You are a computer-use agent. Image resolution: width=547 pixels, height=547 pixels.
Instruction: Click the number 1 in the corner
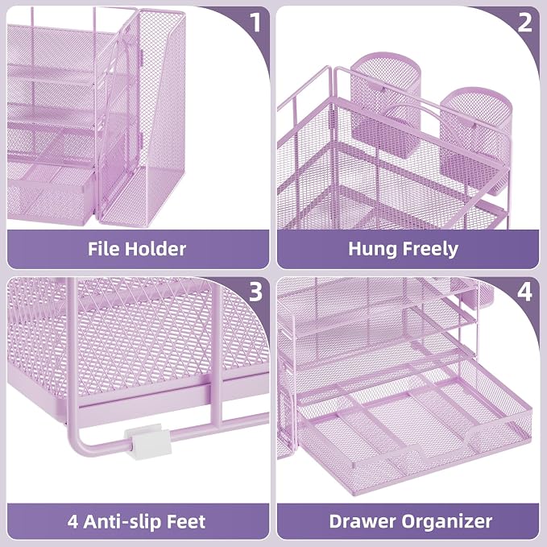pyautogui.click(x=255, y=23)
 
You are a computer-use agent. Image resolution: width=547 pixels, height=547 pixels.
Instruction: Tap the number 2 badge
pyautogui.click(x=525, y=23)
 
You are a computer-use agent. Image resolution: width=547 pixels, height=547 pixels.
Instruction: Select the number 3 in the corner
pyautogui.click(x=255, y=292)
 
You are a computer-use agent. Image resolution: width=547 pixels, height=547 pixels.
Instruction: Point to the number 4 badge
pyautogui.click(x=525, y=292)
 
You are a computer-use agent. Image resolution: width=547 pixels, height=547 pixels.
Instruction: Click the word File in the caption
pyautogui.click(x=104, y=249)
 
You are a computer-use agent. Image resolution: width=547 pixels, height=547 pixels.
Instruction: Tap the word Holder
pyautogui.click(x=155, y=249)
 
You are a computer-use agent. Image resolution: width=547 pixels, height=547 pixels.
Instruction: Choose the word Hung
pyautogui.click(x=372, y=250)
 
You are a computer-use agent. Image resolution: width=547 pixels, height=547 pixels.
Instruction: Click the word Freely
pyautogui.click(x=431, y=250)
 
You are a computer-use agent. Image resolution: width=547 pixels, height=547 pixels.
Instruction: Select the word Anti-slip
pyautogui.click(x=122, y=521)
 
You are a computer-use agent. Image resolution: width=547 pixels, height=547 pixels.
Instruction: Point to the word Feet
pyautogui.click(x=186, y=521)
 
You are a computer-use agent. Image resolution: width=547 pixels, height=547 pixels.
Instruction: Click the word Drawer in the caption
pyautogui.click(x=363, y=521)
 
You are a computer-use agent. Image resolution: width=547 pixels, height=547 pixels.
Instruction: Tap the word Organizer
pyautogui.click(x=447, y=522)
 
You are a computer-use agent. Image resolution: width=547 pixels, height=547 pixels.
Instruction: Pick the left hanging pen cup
pyautogui.click(x=385, y=105)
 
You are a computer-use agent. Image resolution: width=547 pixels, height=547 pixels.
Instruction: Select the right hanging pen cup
pyautogui.click(x=475, y=139)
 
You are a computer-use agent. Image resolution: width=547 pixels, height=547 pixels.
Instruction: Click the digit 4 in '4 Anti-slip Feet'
pyautogui.click(x=73, y=522)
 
